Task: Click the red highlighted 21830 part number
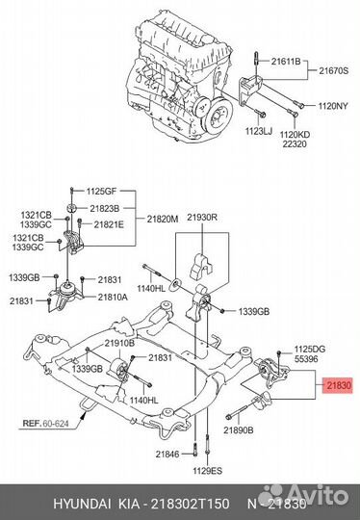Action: (339, 384)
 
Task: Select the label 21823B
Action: (102, 207)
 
